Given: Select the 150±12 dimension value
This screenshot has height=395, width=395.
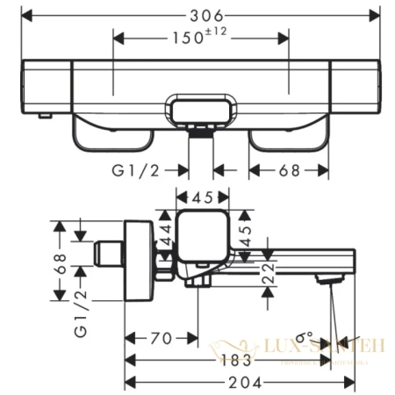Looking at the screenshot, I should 202,39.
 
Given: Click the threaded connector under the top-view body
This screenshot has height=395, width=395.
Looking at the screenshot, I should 202,133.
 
